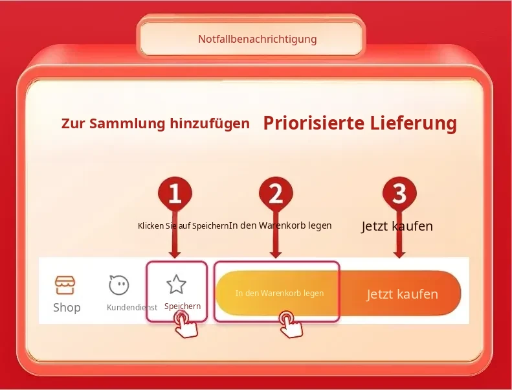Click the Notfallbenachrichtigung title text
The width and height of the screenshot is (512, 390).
258,40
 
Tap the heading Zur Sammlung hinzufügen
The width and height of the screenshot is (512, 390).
155,124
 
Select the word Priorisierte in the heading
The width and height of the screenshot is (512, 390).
314,123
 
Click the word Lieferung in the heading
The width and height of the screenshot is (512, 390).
414,123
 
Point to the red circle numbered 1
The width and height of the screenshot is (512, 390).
175,194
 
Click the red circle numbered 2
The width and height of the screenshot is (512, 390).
276,194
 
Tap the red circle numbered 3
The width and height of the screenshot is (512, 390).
399,194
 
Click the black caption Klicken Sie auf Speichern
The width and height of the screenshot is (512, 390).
183,226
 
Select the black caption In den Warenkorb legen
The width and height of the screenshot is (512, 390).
280,225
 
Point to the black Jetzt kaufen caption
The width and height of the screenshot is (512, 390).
397,226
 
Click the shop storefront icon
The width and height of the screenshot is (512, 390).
65,285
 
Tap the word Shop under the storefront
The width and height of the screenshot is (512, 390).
67,307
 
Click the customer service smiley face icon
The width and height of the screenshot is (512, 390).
119,285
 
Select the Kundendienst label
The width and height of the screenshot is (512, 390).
132,307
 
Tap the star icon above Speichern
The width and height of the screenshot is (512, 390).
176,284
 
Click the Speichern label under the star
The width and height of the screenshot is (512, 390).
183,306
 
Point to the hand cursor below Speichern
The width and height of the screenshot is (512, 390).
185,325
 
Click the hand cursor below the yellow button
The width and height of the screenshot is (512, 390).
290,325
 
